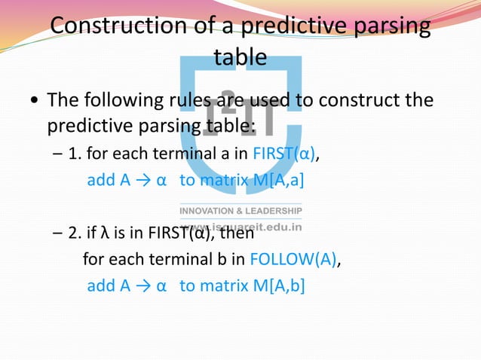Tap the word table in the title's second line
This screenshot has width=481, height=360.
pyautogui.click(x=240, y=57)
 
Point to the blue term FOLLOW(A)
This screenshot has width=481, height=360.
pyautogui.click(x=295, y=261)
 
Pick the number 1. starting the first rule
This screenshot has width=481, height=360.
pyautogui.click(x=75, y=156)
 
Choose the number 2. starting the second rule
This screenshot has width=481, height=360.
pyautogui.click(x=75, y=235)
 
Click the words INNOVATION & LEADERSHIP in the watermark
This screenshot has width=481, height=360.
pyautogui.click(x=240, y=210)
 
